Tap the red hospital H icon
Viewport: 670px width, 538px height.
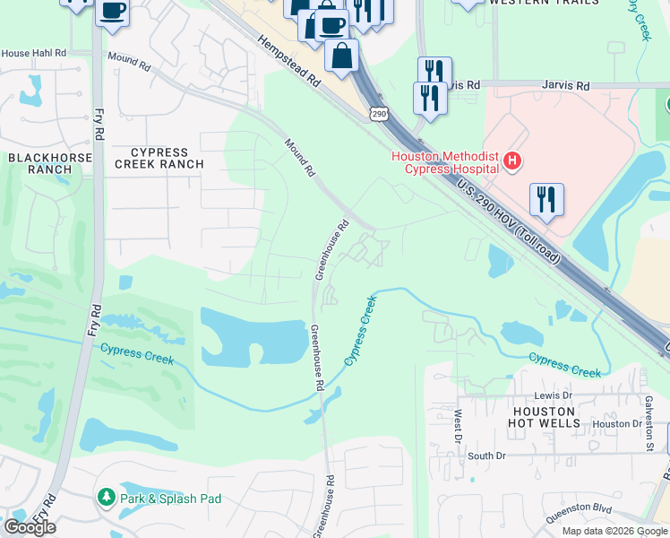point(511,161)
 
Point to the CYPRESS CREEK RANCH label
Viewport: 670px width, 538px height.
point(159,158)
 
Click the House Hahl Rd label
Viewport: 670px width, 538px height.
point(34,54)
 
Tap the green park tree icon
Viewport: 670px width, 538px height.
point(106,498)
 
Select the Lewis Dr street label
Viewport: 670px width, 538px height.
point(553,395)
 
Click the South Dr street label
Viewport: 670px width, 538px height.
point(487,456)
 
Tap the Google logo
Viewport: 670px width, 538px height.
point(30,527)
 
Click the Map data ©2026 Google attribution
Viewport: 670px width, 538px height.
point(614,531)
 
